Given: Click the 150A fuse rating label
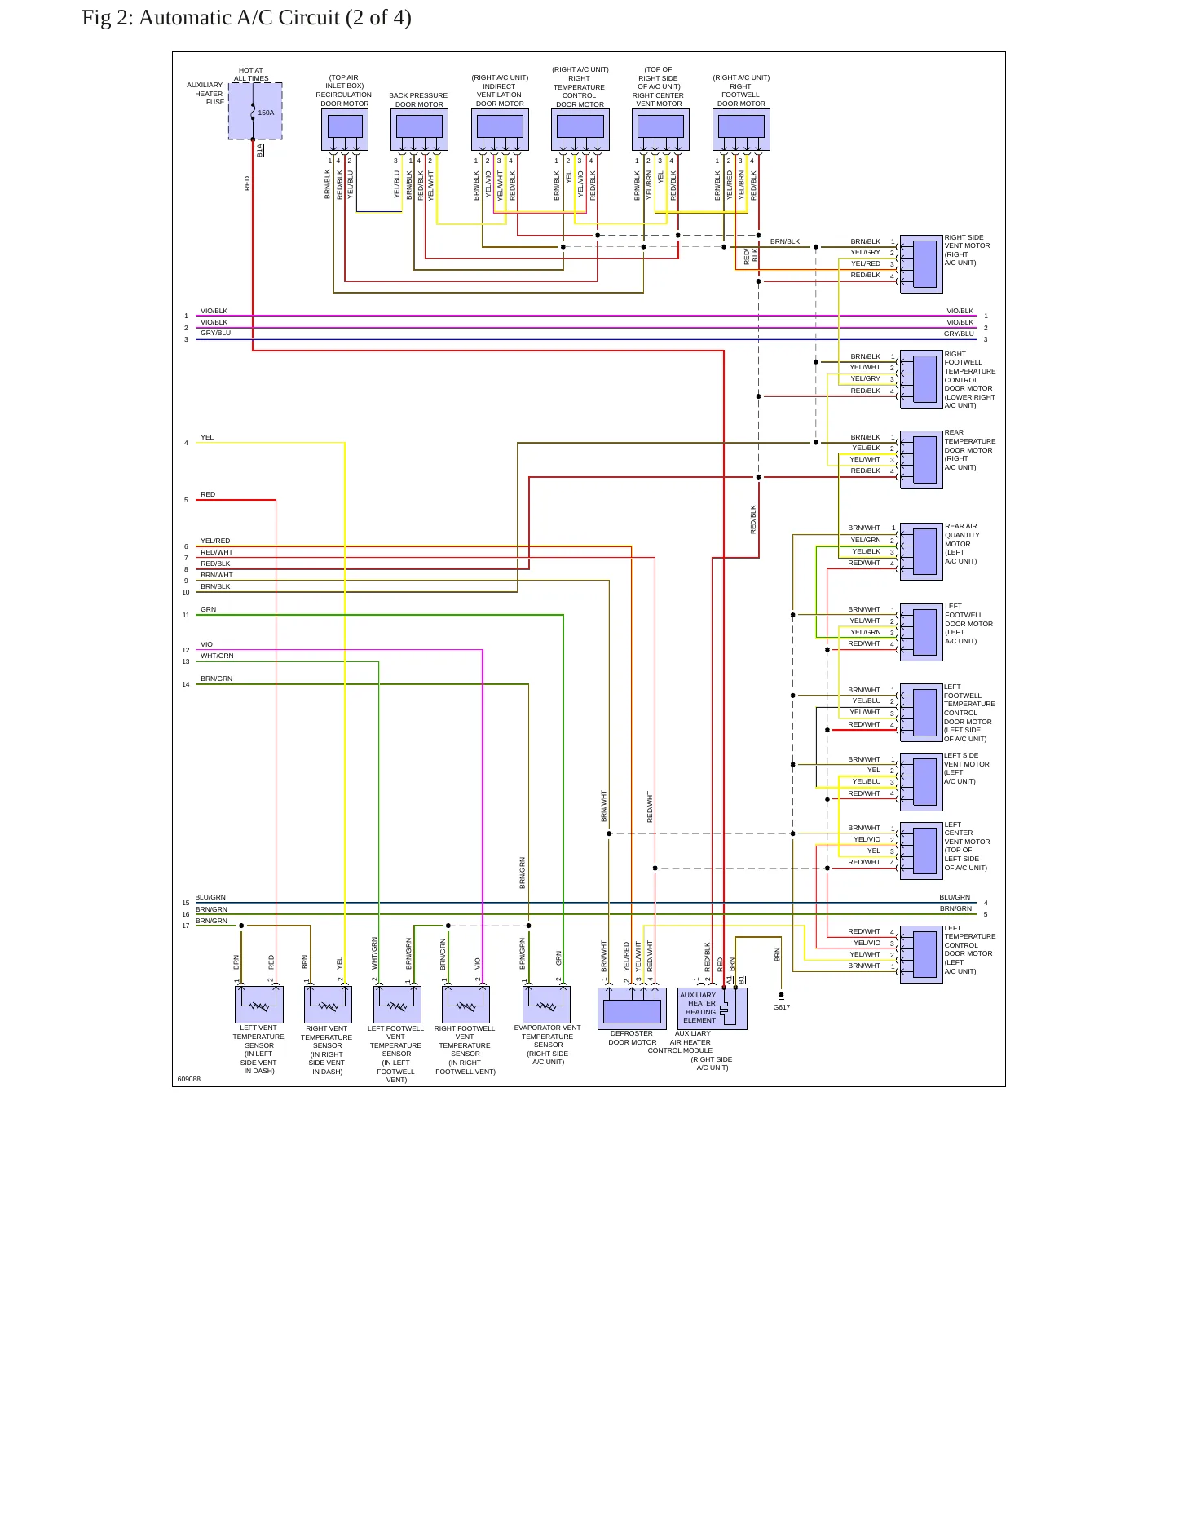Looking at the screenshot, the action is point(266,113).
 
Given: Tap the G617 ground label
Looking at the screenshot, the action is point(781,1007).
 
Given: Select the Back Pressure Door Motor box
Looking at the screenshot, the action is point(419,130).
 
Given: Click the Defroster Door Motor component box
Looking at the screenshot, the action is point(632,1009).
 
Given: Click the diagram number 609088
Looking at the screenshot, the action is point(189,1079).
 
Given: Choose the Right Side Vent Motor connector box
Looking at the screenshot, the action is point(921,264).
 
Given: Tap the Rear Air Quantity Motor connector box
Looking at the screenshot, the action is point(921,551).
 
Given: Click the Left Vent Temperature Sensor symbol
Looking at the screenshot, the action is point(259,1005).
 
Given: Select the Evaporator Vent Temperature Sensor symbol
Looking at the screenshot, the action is point(546,1005).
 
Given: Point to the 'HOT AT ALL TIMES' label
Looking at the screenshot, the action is point(251,74).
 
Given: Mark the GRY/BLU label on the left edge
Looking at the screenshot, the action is point(216,333).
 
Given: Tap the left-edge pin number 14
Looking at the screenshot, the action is point(186,684).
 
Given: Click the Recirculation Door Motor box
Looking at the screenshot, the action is point(345,130).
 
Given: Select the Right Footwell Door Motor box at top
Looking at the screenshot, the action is point(741,130).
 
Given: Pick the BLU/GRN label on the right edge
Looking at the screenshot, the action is point(955,897).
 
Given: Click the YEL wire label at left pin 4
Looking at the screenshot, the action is point(207,437).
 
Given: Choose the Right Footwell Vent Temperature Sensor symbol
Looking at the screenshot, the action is point(465,1005).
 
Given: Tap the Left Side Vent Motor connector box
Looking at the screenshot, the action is point(921,781).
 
